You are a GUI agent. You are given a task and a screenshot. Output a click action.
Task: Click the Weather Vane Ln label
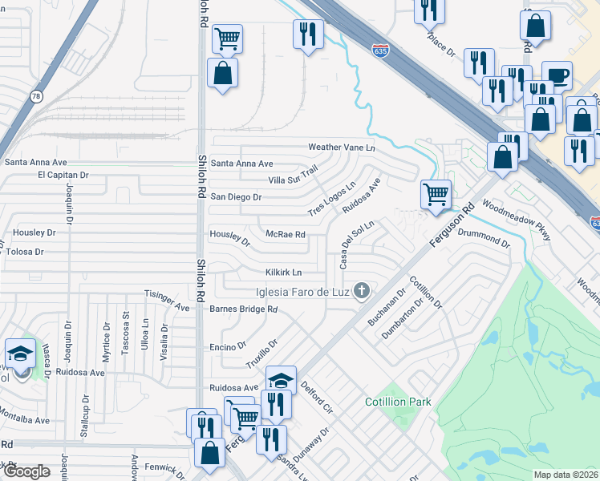tap(342, 148)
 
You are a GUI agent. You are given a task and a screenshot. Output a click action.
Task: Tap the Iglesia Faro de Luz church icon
tap(362, 291)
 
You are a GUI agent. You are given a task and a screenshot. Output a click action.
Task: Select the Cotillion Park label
tap(398, 402)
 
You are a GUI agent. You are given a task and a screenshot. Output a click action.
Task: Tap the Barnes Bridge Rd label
tap(243, 309)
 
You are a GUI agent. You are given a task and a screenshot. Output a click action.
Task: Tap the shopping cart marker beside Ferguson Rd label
tap(436, 194)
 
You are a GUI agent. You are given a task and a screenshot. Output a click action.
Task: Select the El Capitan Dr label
tap(63, 174)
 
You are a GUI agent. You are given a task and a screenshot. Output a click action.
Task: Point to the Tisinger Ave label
tap(165, 300)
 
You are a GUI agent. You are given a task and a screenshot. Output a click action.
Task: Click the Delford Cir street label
tap(316, 397)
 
